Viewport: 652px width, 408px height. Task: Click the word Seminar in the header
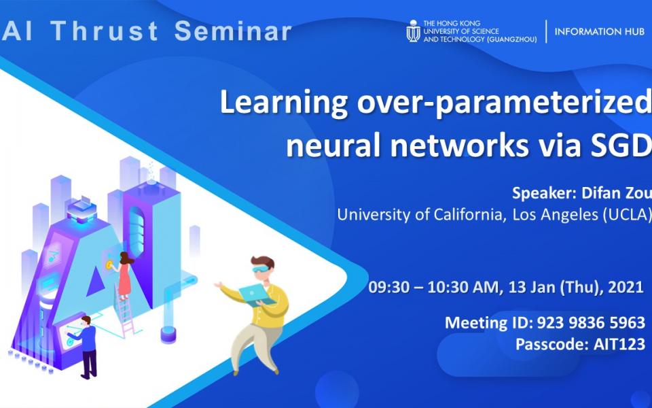click(x=233, y=31)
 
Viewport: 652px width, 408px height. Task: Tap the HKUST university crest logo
click(x=413, y=31)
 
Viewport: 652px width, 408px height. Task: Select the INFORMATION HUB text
click(x=599, y=32)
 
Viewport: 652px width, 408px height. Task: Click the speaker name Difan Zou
click(x=615, y=193)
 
